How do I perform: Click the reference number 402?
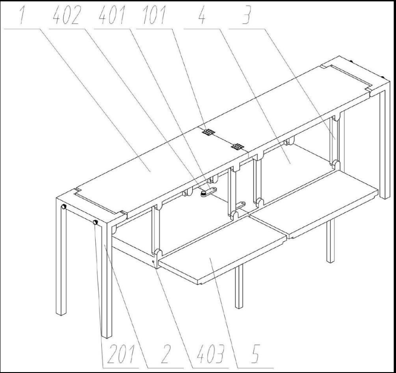67,16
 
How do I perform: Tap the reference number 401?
112,16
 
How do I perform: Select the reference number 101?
154,16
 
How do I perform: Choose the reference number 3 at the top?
246,16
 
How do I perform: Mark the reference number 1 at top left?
22,16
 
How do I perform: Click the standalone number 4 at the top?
202,16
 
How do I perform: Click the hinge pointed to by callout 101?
209,132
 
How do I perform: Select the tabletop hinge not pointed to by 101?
238,146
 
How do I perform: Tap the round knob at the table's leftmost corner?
64,207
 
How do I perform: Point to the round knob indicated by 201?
95,223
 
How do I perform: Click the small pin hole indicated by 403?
153,262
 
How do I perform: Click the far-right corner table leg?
385,141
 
